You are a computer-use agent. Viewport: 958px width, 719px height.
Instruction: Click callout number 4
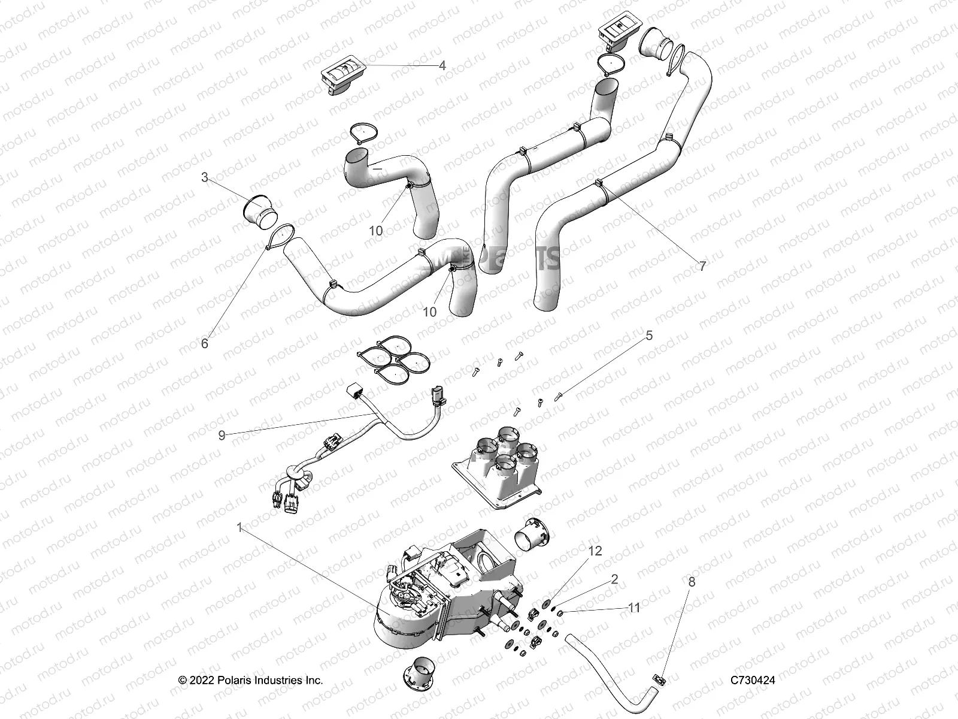point(442,65)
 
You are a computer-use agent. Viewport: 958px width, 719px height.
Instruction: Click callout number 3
point(205,177)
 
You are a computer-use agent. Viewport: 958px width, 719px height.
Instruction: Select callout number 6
point(204,343)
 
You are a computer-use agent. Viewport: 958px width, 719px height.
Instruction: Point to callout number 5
point(648,336)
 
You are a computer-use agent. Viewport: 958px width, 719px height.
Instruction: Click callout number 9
point(222,436)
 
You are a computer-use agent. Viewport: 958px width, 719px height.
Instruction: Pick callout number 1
point(239,528)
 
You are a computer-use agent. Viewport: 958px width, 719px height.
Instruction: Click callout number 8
point(692,582)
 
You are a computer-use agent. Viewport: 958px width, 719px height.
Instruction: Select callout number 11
point(634,608)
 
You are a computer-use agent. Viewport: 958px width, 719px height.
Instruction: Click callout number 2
point(614,579)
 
